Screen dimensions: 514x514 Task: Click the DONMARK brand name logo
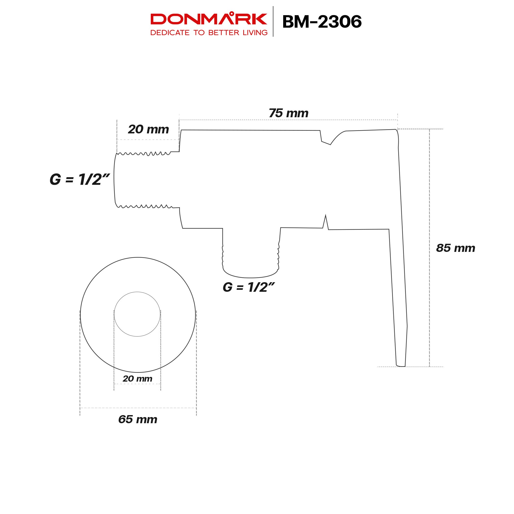coord(209,19)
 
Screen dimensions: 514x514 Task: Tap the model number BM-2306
coord(322,22)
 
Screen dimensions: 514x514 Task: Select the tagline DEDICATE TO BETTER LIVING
coord(209,33)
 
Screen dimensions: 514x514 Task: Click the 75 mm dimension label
coord(288,113)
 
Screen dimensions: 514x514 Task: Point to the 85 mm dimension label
coord(456,248)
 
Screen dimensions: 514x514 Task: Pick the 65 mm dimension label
coord(138,420)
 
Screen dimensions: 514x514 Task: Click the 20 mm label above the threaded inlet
coord(149,129)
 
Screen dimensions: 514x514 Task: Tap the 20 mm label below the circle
coord(137,379)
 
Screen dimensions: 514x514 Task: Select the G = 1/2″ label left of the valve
coord(80,180)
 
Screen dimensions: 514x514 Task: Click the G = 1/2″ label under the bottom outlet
coord(248,287)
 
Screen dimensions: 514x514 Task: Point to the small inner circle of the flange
coord(137,314)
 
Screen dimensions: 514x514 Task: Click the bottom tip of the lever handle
coord(401,365)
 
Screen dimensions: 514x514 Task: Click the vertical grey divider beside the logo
coord(273,21)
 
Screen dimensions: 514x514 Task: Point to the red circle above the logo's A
coord(232,13)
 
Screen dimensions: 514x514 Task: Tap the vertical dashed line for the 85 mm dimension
coord(429,247)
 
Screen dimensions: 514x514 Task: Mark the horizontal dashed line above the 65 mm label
coord(138,408)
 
